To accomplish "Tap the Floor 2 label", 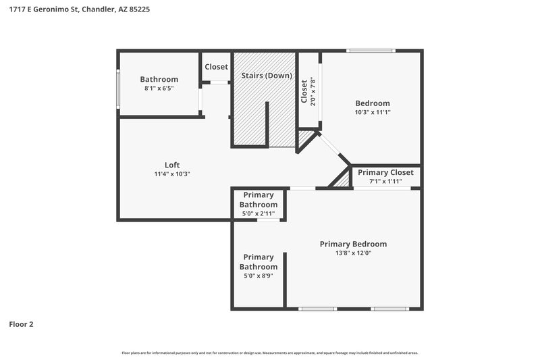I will [x=21, y=324].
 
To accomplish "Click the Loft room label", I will [x=172, y=165].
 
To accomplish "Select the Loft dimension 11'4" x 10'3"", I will [x=172, y=174].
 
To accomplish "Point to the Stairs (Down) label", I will [x=266, y=75].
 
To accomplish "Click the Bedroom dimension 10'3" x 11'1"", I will [x=372, y=112].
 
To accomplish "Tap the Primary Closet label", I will [x=386, y=172].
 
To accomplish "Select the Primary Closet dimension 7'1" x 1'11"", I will [x=386, y=181].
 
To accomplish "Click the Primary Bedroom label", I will [x=353, y=244].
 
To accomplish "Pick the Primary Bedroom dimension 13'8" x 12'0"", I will [x=353, y=253].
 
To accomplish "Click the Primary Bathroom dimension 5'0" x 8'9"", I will [x=258, y=276].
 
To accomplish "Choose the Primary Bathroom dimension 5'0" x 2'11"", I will [x=258, y=213].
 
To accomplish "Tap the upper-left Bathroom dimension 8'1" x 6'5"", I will [x=159, y=88].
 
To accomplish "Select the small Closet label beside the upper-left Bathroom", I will [x=216, y=67].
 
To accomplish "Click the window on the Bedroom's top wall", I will [x=371, y=51].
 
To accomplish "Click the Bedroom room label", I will [x=372, y=103].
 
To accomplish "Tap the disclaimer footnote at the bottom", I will [x=270, y=353].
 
